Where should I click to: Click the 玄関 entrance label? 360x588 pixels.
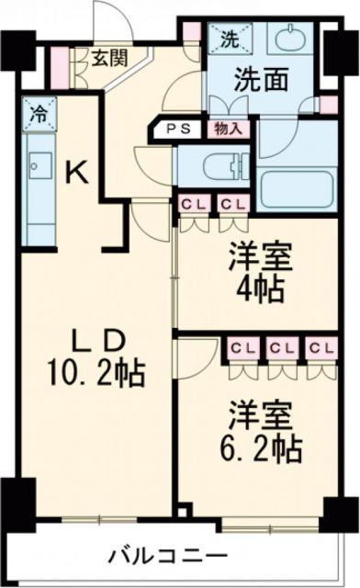point(108,57)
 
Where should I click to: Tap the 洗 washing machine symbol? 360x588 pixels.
point(226,40)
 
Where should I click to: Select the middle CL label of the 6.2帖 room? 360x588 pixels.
point(279,348)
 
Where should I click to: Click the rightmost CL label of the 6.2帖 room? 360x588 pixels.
point(318,348)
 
